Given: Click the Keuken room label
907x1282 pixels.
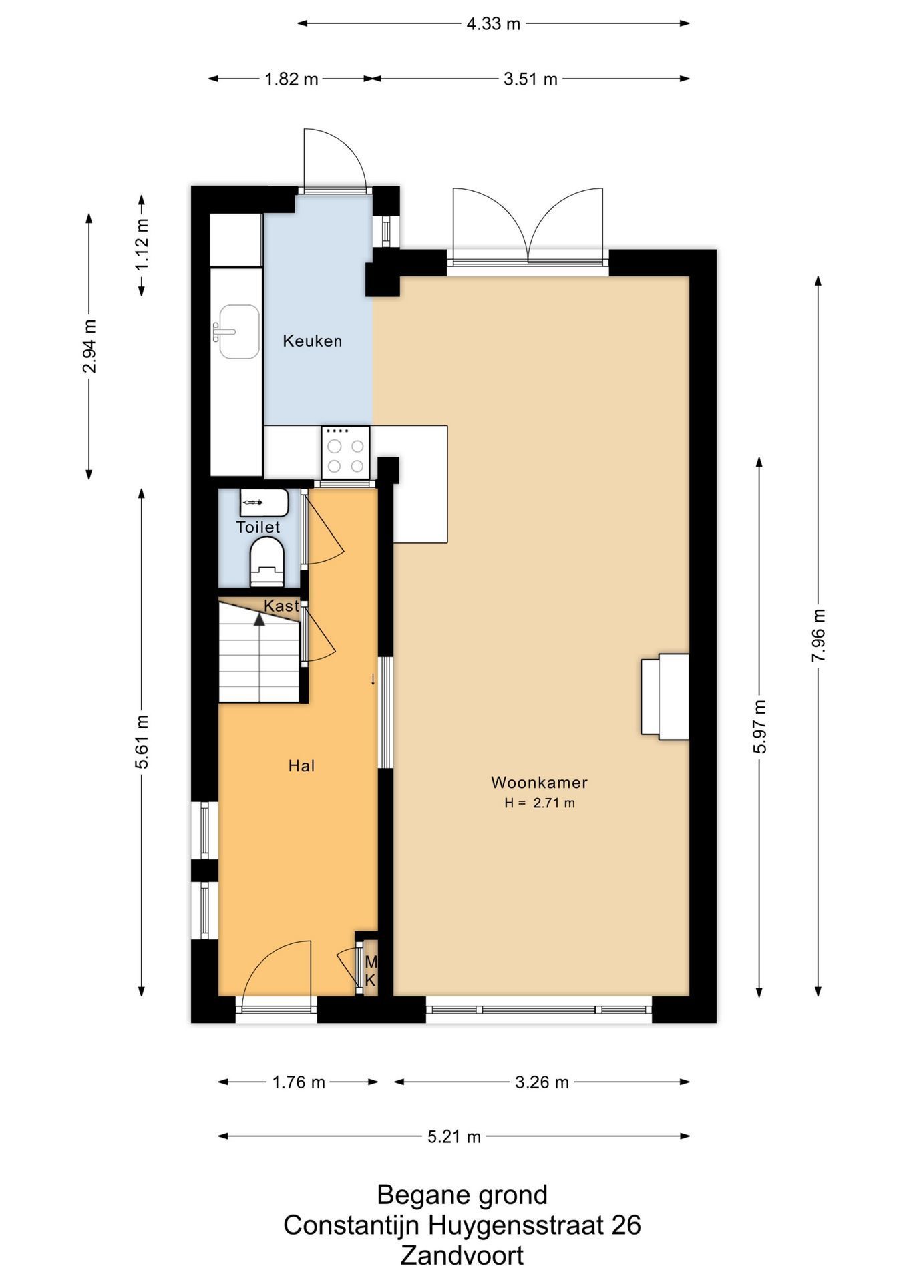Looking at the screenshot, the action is (x=312, y=341).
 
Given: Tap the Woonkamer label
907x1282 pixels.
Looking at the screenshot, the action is (x=539, y=783).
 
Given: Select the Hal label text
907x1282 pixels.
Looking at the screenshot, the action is (x=301, y=766).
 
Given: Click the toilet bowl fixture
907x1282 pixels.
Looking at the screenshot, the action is (x=267, y=563).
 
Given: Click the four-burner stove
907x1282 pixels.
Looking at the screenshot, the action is (x=346, y=453).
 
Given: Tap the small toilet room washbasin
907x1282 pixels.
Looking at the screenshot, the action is (x=264, y=503).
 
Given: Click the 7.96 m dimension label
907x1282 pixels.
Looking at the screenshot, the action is (x=819, y=636).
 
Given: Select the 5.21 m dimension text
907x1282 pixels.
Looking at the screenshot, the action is (x=454, y=1136).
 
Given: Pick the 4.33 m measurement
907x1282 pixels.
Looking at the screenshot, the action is (x=493, y=24).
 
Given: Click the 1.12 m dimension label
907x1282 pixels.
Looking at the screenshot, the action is (x=142, y=244).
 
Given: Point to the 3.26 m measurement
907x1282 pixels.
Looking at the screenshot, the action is (x=542, y=1082).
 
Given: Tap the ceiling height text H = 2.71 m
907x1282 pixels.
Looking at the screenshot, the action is (x=540, y=803).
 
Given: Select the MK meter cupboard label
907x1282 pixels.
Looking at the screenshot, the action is (x=371, y=972).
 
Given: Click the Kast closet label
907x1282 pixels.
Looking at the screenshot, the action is (x=281, y=606).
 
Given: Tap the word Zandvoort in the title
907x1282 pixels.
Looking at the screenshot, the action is (x=462, y=1255).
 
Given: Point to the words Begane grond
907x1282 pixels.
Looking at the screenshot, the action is (x=462, y=1195).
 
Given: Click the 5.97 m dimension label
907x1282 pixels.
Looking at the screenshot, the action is (x=759, y=726).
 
